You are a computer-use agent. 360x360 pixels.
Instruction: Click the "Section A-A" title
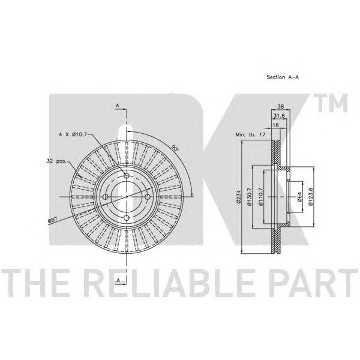pos(283,77)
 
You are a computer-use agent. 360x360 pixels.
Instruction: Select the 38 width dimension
pos(281,106)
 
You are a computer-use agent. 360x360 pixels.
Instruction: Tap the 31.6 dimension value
pos(279,116)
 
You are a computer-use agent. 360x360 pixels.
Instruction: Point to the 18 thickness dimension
pos(275,125)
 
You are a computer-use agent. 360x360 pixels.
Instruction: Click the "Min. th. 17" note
pos(250,134)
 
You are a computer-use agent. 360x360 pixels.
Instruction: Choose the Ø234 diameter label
pos(239,197)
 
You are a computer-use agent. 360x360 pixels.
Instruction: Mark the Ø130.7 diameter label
pos(250,197)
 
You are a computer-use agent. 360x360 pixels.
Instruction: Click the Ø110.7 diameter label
pos(261,197)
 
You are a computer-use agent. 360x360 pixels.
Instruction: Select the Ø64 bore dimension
pos(299,197)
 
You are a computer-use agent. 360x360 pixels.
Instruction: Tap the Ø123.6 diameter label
pos(311,197)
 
